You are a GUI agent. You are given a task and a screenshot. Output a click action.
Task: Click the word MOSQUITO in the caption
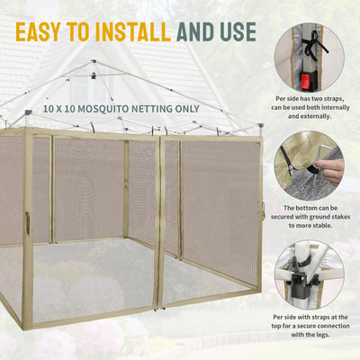(97, 109)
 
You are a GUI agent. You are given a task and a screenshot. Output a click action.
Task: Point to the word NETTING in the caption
(140, 109)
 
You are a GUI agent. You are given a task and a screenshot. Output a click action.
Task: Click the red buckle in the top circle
(305, 82)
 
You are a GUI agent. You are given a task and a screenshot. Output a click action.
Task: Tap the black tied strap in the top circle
(313, 45)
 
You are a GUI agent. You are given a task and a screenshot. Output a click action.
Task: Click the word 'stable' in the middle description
(322, 225)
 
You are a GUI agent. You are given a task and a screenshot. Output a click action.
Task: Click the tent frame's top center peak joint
(94, 61)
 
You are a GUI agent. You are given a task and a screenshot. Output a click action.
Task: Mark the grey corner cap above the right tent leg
(260, 125)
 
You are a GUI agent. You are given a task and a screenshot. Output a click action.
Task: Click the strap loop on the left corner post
(27, 223)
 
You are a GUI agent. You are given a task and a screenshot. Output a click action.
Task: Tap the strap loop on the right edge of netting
(263, 210)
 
